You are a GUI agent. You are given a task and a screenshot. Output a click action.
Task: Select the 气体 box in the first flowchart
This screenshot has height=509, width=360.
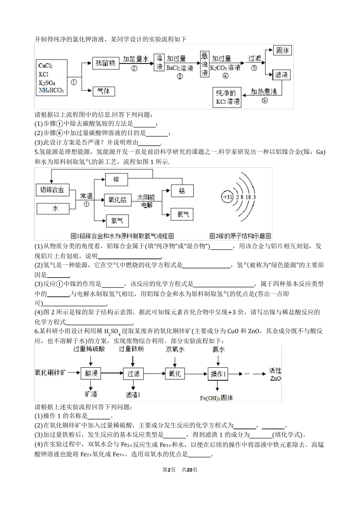[103, 91]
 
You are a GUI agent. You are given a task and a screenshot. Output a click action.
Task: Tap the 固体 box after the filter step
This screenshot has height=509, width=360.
[282, 50]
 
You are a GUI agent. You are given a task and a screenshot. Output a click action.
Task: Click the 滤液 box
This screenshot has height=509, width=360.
[282, 75]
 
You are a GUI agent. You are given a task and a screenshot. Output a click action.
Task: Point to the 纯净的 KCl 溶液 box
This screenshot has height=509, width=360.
[226, 97]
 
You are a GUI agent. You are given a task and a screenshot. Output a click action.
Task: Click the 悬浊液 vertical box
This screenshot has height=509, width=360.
[205, 64]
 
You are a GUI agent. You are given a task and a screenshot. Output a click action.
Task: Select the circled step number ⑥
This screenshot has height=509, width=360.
[265, 101]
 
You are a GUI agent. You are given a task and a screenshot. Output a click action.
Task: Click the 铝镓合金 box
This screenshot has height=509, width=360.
[52, 190]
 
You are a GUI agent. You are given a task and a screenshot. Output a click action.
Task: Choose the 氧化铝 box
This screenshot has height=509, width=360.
[117, 200]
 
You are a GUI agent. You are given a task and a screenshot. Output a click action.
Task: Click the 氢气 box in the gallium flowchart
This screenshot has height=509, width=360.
[117, 221]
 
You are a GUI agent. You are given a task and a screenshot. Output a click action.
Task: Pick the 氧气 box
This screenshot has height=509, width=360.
[182, 214]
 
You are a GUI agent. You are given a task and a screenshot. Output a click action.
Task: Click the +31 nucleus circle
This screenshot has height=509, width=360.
[228, 197]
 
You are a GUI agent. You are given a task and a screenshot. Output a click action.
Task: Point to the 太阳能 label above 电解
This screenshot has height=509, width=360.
[146, 197]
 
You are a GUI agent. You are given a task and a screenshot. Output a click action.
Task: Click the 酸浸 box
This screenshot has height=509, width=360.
[91, 374]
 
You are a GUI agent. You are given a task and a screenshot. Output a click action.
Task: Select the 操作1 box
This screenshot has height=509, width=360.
[218, 374]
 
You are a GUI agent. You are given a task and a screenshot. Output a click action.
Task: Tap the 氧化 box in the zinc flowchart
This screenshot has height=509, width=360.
[175, 374]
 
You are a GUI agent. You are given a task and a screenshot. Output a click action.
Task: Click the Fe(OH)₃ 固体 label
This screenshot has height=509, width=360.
[216, 398]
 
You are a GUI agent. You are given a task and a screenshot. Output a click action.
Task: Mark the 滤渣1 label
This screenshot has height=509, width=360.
[133, 395]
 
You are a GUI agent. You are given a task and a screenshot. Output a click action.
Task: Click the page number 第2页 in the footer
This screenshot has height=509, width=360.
[169, 470]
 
